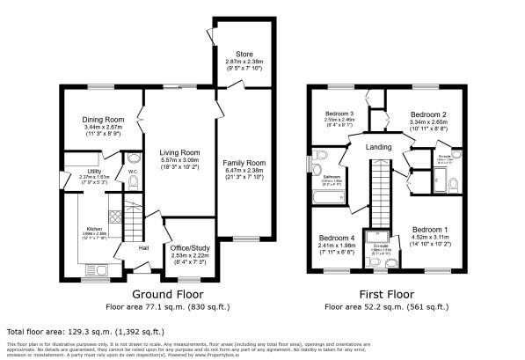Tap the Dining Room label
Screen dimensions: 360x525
point(105,119)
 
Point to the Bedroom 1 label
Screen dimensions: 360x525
point(430,228)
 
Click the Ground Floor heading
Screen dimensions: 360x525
point(170,294)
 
